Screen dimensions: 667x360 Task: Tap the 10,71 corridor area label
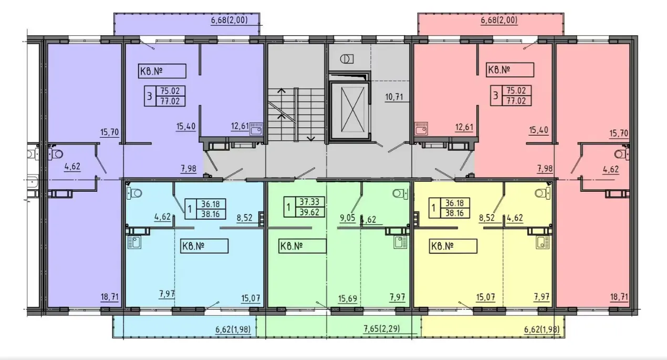point(394,97)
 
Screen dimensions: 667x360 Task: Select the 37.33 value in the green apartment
point(309,202)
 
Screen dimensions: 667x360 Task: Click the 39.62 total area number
point(309,212)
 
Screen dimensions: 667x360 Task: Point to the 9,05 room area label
point(348,218)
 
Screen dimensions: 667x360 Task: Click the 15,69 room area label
point(347,299)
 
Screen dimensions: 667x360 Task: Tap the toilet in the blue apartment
point(134,193)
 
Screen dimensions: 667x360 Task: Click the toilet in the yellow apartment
point(542,193)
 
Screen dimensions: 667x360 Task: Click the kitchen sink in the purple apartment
point(256,129)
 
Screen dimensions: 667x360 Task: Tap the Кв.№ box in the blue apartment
point(204,246)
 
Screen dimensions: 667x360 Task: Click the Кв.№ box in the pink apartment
point(510,70)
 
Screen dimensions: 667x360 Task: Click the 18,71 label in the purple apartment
point(109,297)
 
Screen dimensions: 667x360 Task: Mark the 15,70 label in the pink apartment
point(619,133)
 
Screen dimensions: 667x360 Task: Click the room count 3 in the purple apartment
point(150,96)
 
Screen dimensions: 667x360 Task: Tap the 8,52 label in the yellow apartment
point(486,218)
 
